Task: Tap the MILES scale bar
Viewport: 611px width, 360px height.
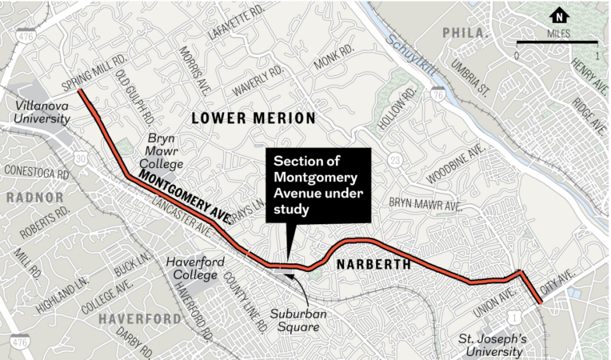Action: [x=557, y=42]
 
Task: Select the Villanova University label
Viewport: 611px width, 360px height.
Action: [x=36, y=112]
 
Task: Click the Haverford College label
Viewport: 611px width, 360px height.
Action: [x=191, y=269]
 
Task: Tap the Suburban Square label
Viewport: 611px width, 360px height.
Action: [x=297, y=319]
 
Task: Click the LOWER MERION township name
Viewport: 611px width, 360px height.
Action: [x=253, y=118]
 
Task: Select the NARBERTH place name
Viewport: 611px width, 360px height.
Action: [x=373, y=264]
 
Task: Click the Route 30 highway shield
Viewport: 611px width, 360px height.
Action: [x=81, y=160]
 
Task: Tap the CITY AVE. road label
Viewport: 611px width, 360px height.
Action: [x=559, y=284]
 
